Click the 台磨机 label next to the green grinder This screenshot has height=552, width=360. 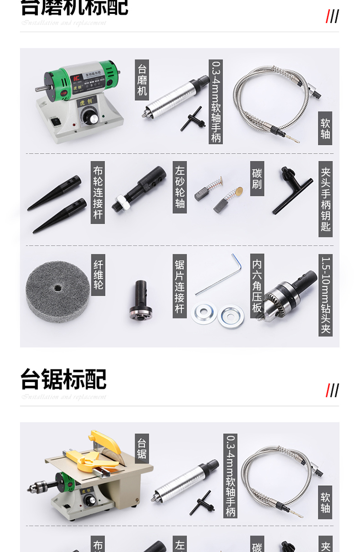(x=142, y=80)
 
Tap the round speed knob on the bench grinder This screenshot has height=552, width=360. (x=89, y=117)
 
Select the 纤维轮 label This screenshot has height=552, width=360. (x=98, y=275)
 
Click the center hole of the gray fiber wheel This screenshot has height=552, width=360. (x=58, y=288)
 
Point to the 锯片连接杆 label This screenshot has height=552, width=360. (x=180, y=286)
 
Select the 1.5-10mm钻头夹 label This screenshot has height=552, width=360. (x=325, y=295)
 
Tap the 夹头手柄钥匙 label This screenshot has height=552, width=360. (x=325, y=199)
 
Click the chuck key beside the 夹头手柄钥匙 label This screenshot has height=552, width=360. (x=292, y=189)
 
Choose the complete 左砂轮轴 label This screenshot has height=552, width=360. (x=180, y=187)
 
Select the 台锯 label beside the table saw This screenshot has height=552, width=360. (x=142, y=448)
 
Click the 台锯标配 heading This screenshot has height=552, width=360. (x=63, y=379)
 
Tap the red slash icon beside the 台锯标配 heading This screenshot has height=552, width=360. (x=328, y=390)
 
